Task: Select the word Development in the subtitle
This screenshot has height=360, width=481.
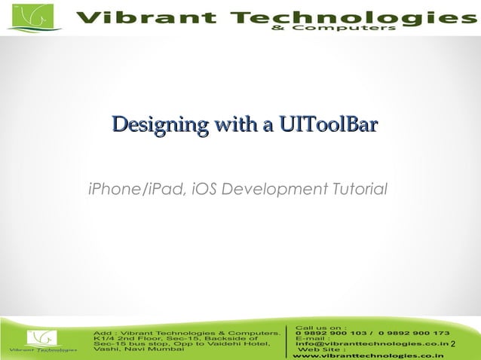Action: (x=274, y=187)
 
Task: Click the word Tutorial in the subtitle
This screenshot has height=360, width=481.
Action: (x=360, y=187)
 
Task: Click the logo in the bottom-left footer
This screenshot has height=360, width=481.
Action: (x=43, y=340)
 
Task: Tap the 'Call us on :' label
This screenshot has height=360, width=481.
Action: (x=322, y=328)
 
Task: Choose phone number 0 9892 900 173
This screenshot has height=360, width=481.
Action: (x=415, y=333)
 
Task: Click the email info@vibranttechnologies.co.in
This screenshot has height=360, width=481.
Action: (x=372, y=344)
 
